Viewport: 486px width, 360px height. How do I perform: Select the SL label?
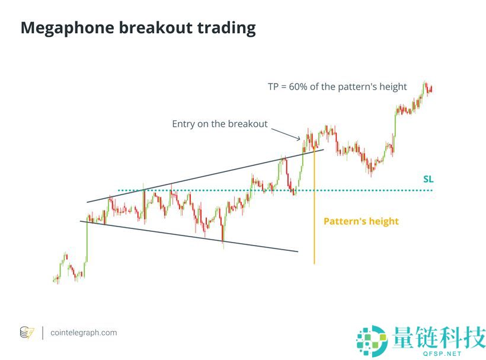(429, 179)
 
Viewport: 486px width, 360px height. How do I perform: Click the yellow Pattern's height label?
(361, 221)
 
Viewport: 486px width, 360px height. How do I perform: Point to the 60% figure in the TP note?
(298, 87)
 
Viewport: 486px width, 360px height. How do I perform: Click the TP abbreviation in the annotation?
(273, 87)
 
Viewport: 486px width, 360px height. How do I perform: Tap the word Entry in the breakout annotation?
(183, 124)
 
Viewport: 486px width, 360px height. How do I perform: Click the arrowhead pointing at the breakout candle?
(299, 138)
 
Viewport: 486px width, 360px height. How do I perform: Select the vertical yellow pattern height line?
(314, 206)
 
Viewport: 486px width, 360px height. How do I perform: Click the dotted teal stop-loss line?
(275, 190)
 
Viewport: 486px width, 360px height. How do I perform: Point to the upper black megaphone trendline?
(205, 176)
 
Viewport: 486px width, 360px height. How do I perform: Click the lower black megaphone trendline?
(188, 236)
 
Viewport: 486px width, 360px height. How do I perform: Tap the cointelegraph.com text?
(84, 333)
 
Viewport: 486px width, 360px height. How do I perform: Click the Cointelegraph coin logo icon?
(27, 333)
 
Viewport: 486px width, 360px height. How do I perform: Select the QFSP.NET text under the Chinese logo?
(442, 353)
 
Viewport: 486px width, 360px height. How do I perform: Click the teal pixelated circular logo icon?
(372, 340)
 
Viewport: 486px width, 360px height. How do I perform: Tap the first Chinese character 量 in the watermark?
(402, 337)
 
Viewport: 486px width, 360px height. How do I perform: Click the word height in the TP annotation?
(393, 87)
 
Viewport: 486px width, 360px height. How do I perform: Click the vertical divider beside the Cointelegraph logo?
(43, 333)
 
